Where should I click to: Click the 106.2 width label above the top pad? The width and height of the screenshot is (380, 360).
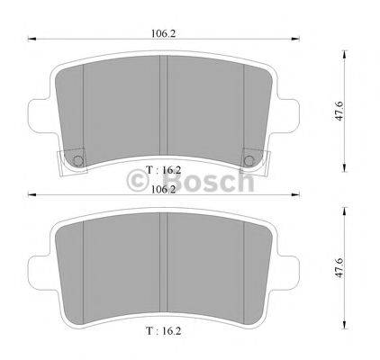coord(163,33)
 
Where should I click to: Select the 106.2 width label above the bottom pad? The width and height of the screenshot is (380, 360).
coord(163,190)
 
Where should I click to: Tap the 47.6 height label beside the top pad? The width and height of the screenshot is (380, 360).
coord(339,111)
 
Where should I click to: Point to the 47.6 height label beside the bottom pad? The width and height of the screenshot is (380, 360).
coord(339,267)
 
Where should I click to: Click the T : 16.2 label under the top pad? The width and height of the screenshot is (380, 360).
coord(164,170)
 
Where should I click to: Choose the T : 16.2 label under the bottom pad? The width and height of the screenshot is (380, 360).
coord(164,331)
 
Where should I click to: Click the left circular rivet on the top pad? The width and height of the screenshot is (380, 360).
coord(78,161)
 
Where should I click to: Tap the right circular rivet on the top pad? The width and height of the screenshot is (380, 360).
coord(249,161)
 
